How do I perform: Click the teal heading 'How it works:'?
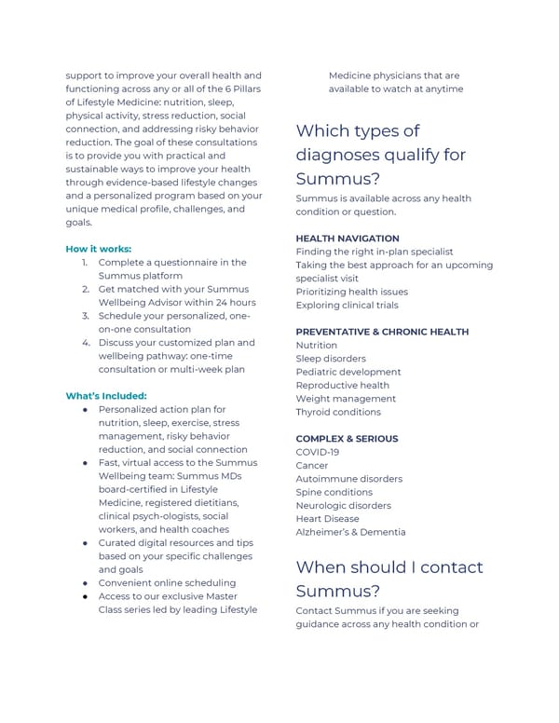click(98, 249)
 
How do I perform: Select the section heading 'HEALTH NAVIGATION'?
click(347, 239)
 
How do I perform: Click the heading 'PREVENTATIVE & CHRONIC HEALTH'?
click(382, 332)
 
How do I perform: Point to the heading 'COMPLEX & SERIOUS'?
click(347, 439)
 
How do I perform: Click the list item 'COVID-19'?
click(317, 452)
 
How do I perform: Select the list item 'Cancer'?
click(311, 465)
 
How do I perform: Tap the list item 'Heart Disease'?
click(327, 519)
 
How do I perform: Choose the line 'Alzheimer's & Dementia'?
click(350, 532)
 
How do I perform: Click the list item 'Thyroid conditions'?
click(338, 412)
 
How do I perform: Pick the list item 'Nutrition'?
click(317, 345)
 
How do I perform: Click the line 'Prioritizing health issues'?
click(351, 292)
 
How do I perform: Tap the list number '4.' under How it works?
click(85, 342)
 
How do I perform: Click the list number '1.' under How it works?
click(85, 263)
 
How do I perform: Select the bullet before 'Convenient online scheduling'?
click(85, 583)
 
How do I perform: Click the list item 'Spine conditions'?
click(334, 492)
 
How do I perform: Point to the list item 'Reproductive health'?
click(342, 385)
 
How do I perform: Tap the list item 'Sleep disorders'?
click(331, 359)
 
